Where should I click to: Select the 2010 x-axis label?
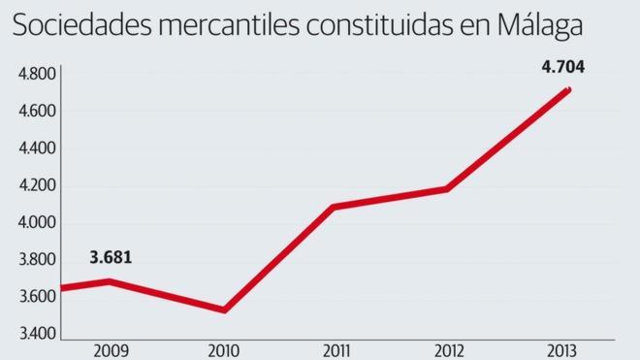point(225,349)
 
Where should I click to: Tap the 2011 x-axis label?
point(337,349)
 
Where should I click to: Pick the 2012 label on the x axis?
point(450,349)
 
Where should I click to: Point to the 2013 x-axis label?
point(562,349)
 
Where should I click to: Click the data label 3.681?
point(111,258)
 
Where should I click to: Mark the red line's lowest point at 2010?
point(225,310)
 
